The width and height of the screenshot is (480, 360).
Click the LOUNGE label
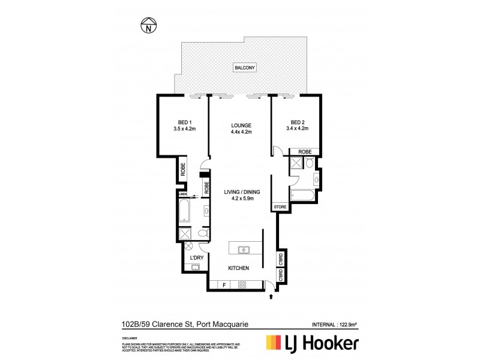241,125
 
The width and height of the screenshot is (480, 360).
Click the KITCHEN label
238,268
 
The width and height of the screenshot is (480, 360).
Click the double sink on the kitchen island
244,249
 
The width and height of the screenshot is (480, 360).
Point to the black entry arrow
271,296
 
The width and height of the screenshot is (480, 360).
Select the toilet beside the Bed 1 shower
202,233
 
